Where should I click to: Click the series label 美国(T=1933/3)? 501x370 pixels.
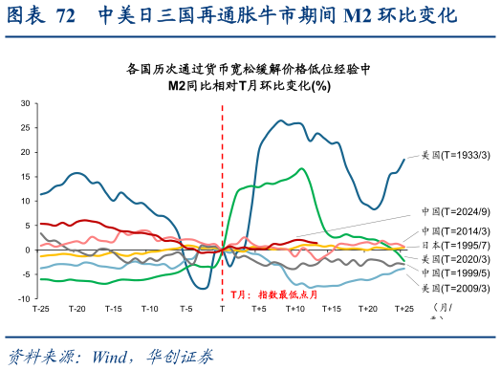click(456, 154)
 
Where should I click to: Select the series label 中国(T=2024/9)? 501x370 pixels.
click(456, 211)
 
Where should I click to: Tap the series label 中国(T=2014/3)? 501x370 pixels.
click(456, 231)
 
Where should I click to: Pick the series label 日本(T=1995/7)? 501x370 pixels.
click(456, 245)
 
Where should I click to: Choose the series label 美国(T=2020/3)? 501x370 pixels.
click(456, 259)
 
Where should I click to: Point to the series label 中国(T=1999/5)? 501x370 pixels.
click(456, 272)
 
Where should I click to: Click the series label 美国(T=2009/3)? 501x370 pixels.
click(456, 287)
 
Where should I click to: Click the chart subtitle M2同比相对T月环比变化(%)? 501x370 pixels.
click(250, 85)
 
